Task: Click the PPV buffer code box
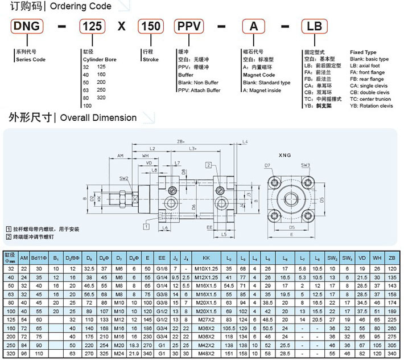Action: tap(192, 27)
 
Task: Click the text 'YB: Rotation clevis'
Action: tap(371, 106)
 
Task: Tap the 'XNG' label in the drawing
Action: tap(286, 155)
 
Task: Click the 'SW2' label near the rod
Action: tap(124, 178)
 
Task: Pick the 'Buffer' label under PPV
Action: tap(185, 75)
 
